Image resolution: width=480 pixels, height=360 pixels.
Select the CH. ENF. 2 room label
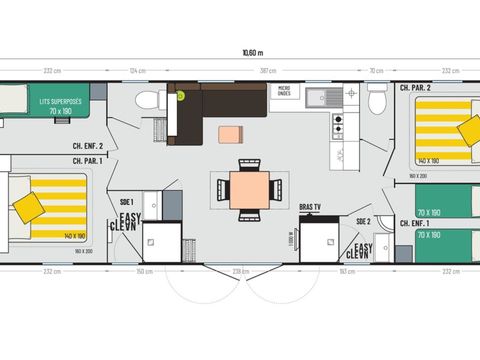88,146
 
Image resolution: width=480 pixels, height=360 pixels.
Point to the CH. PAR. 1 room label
88,161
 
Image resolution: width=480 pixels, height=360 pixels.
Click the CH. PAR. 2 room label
415,88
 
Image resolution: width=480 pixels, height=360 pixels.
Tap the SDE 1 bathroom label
126,200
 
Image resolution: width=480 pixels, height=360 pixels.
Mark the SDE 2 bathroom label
362,221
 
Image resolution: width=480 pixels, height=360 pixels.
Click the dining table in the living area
246,187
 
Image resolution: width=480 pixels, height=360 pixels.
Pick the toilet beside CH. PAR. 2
377,100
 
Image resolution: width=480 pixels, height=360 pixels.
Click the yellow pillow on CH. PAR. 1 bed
30,207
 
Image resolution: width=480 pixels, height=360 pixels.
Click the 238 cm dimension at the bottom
240,271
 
